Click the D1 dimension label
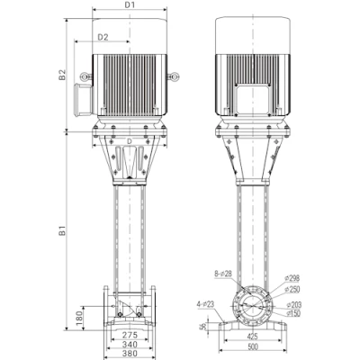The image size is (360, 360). pos(130,5)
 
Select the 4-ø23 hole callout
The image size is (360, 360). pos(211,303)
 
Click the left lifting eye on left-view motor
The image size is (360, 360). pos(87,79)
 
